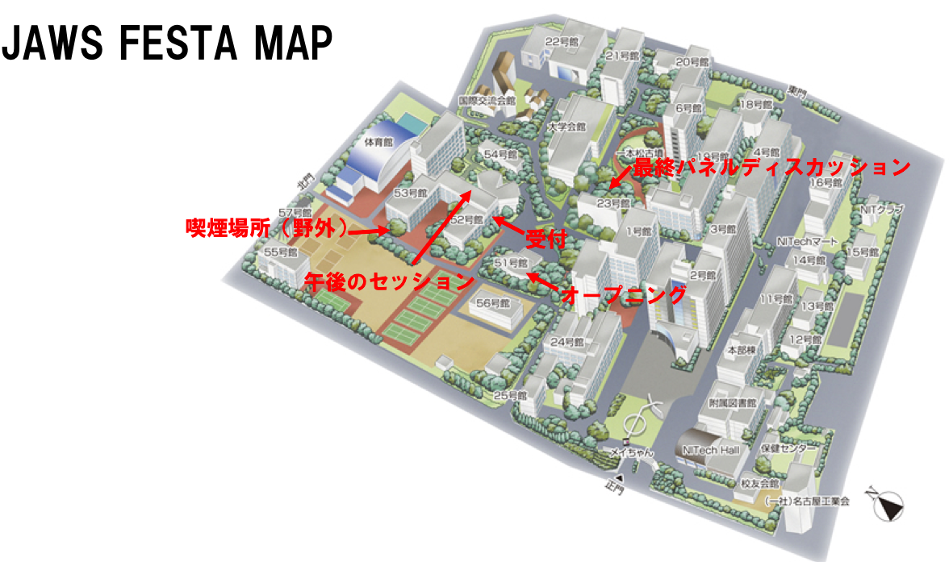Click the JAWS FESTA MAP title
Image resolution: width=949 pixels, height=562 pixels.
point(167,44)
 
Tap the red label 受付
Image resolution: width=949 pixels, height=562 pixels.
point(543,239)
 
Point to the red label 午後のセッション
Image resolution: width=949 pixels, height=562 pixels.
point(388,281)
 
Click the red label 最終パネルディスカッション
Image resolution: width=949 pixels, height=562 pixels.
point(771,168)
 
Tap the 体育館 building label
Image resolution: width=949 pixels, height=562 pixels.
point(378,142)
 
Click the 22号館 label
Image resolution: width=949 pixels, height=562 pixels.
point(563,41)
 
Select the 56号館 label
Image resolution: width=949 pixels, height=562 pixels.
point(493,304)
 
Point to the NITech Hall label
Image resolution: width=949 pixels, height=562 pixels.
point(710,450)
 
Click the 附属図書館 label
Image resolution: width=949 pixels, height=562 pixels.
point(732,403)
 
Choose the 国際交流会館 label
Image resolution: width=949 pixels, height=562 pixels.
point(487,102)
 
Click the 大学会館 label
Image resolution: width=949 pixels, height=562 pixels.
point(566,127)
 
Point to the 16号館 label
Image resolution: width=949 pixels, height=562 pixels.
point(826,183)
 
